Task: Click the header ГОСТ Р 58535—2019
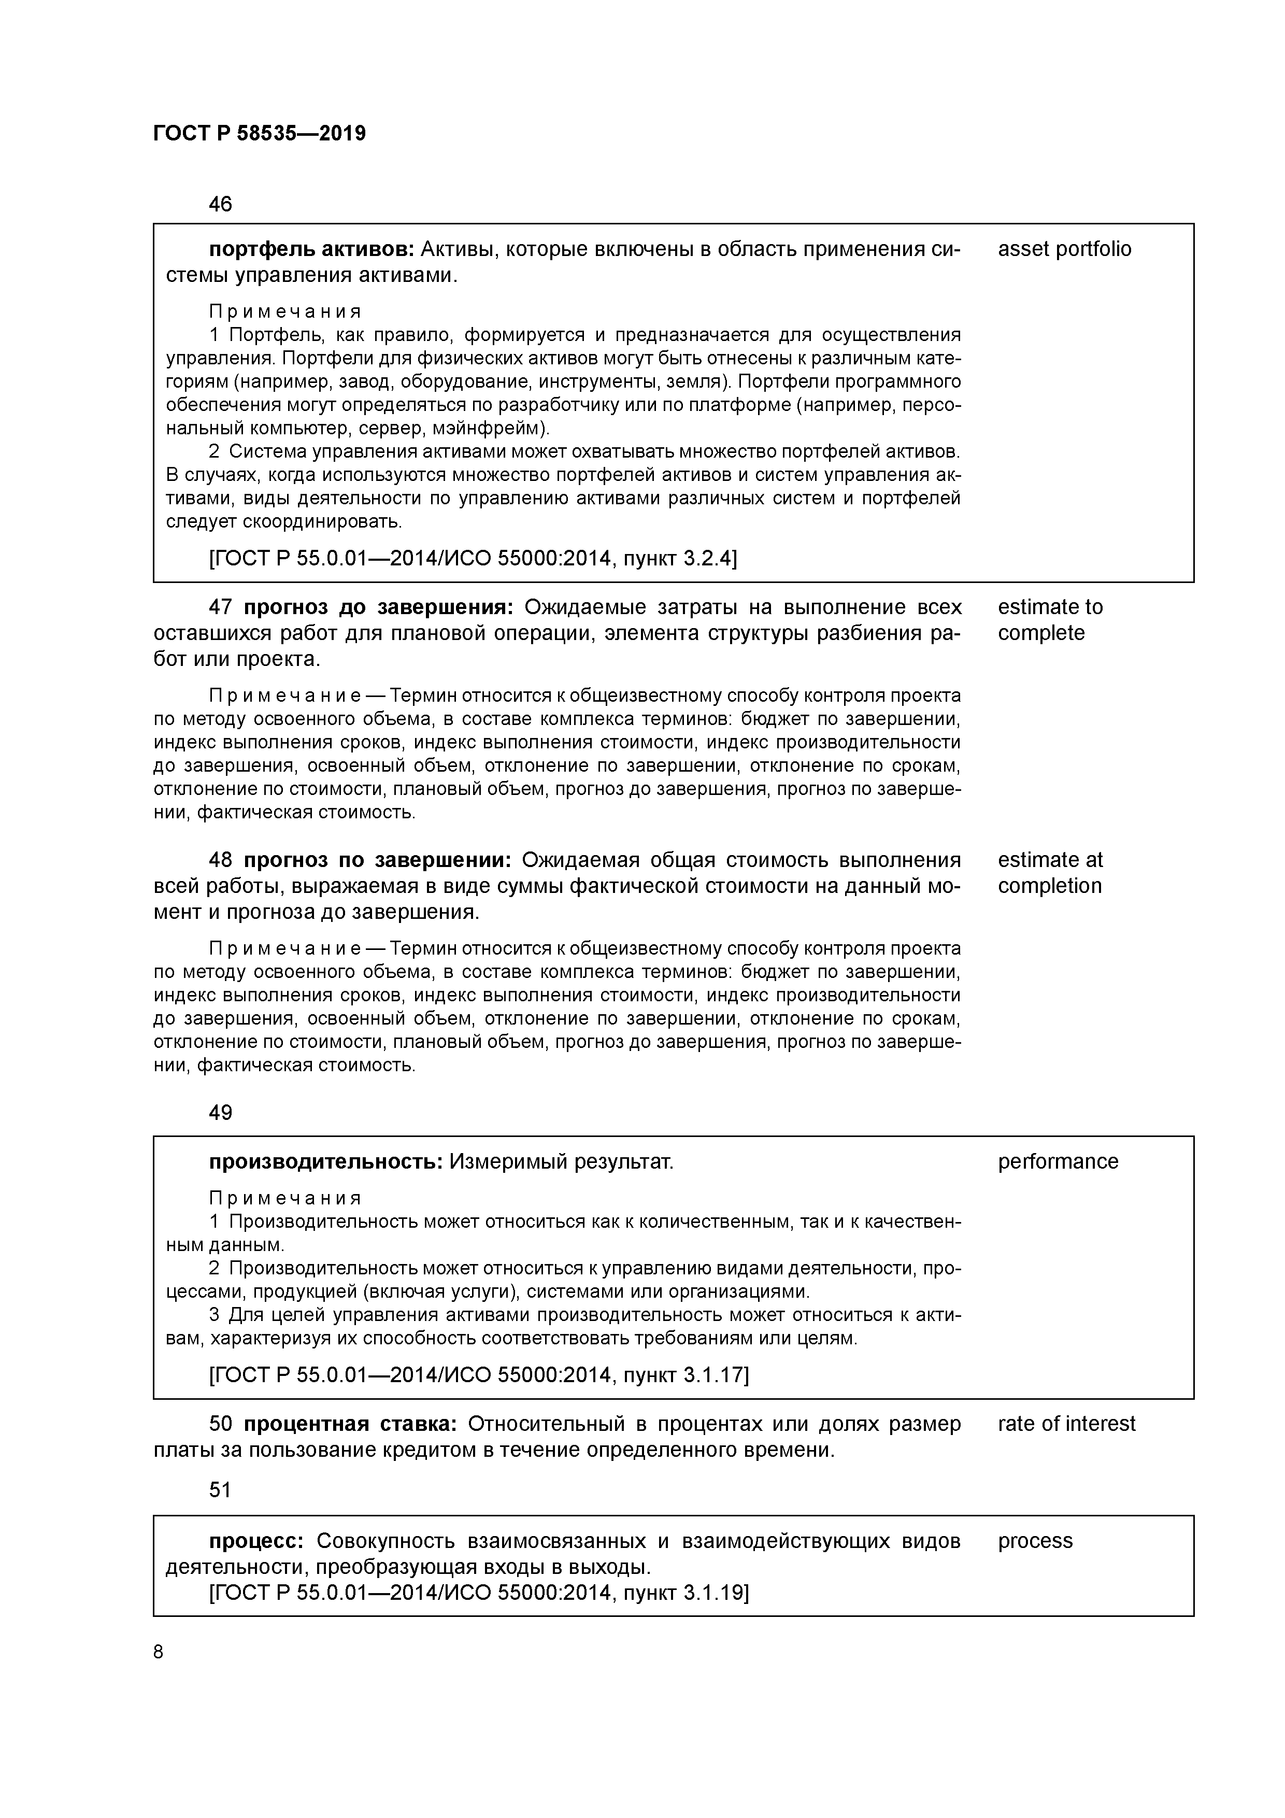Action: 259,133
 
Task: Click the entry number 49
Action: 220,1113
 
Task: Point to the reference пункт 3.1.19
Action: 686,1593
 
